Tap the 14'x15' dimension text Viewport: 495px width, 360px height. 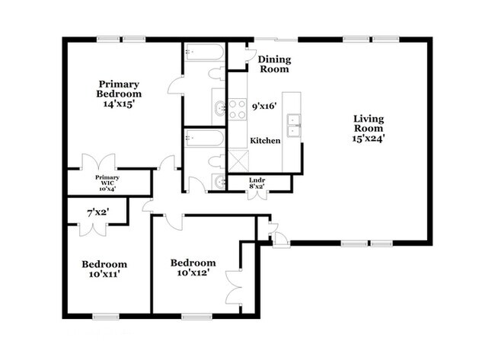tap(120, 104)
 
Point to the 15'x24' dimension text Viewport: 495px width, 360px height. tap(369, 139)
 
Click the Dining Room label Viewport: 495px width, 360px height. tap(273, 64)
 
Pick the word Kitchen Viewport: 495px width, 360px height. tap(266, 141)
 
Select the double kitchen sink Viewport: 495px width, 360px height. tap(292, 123)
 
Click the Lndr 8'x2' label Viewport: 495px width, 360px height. tap(257, 183)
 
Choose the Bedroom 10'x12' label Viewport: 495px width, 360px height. tap(193, 267)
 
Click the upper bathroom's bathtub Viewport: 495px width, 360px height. tap(204, 53)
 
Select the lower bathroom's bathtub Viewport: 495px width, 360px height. tap(204, 138)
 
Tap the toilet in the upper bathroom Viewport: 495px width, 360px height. tap(216, 73)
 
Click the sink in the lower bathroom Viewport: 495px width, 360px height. tap(219, 181)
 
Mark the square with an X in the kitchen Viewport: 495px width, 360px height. tap(237, 161)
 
